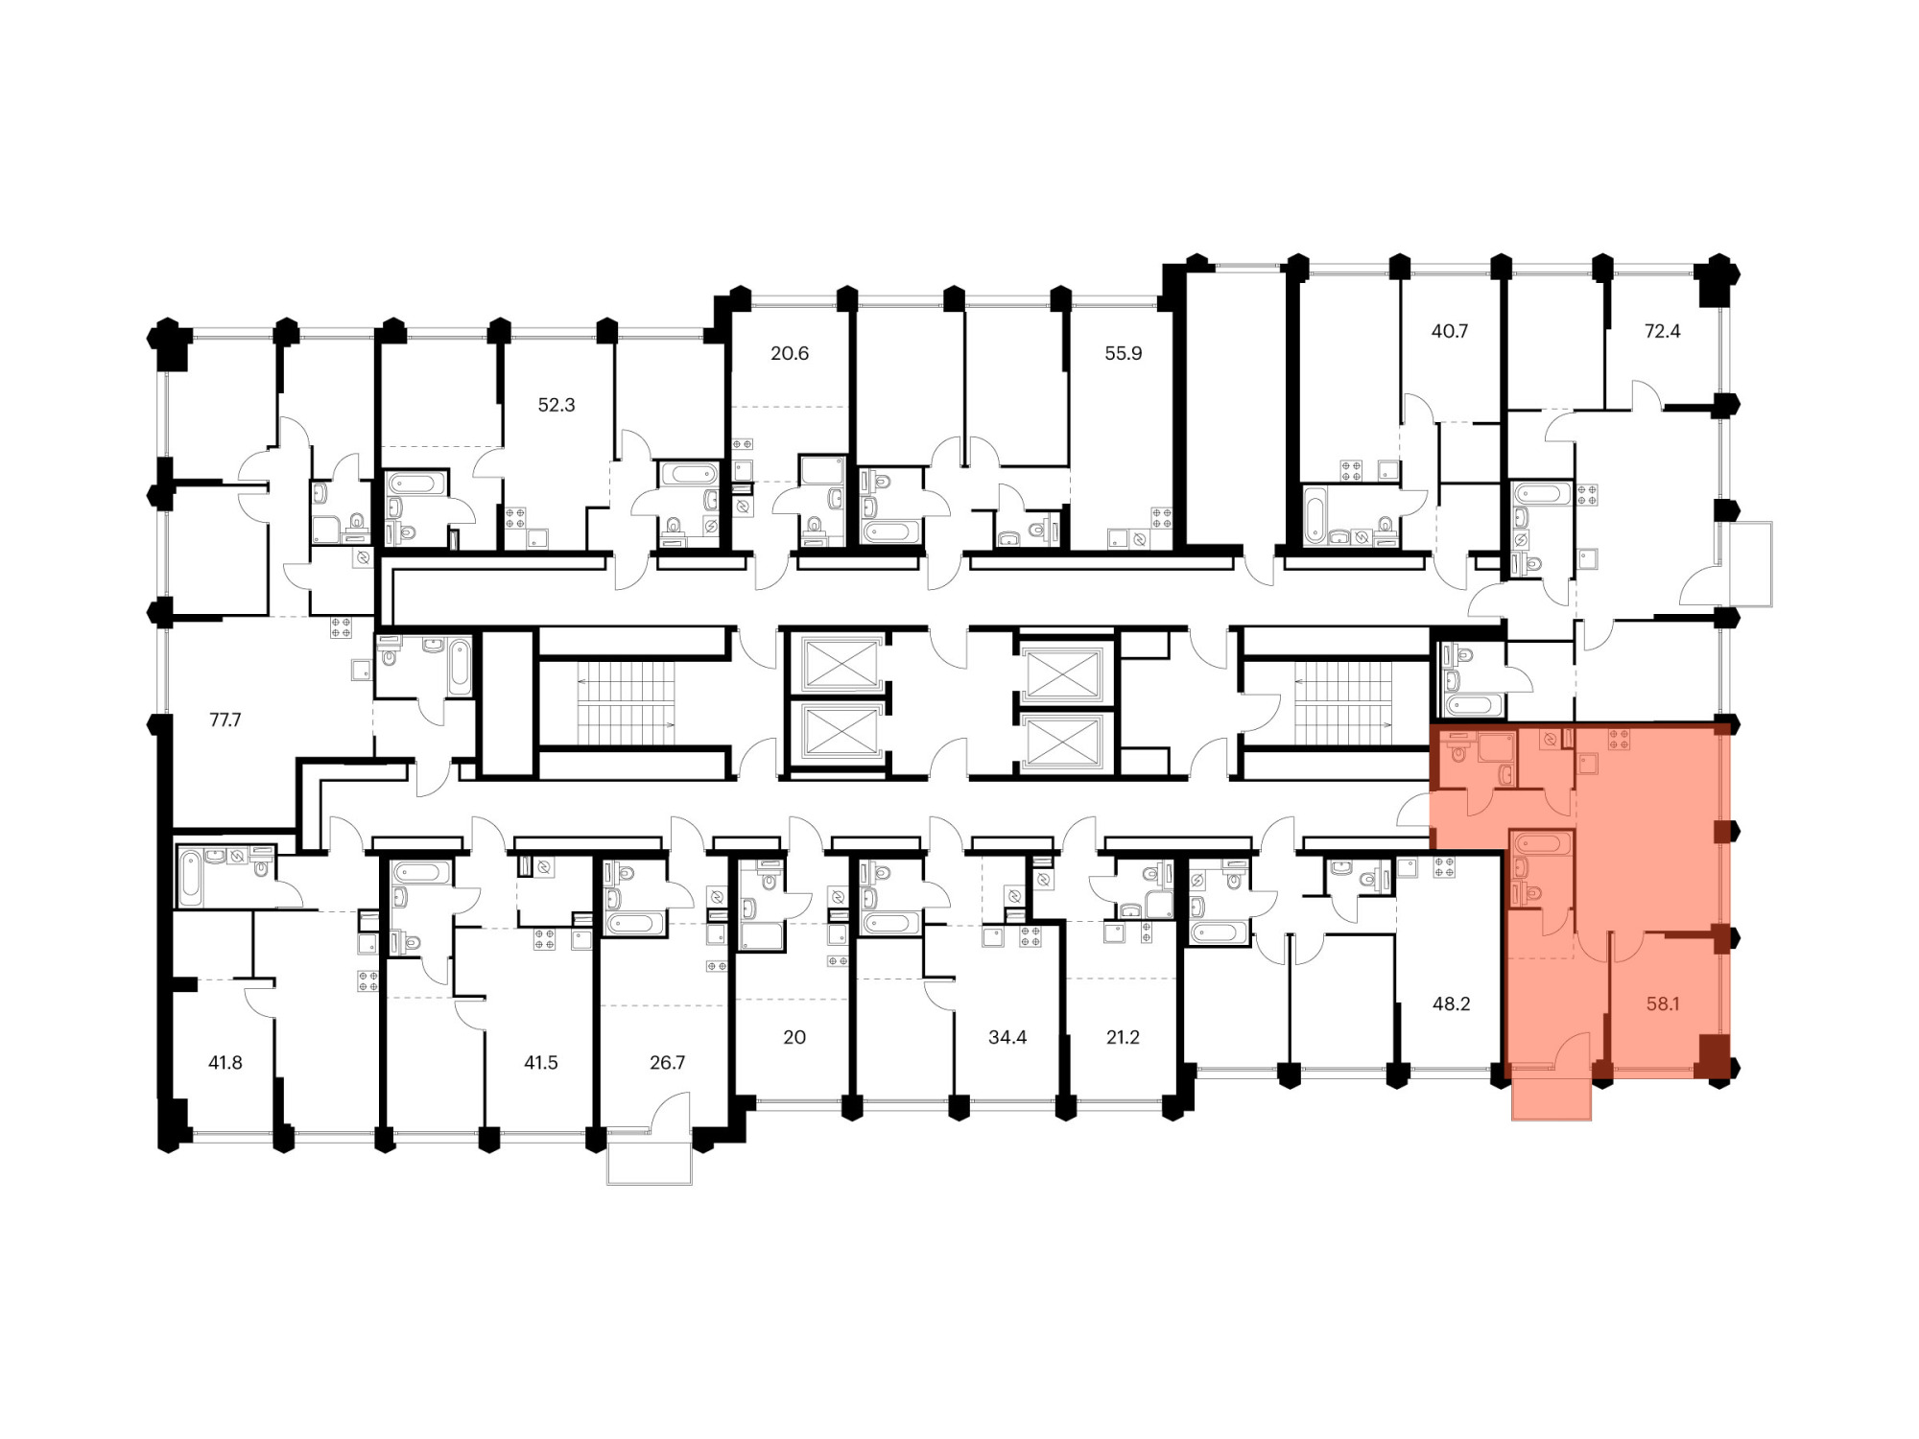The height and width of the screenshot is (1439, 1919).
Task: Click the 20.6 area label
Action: pyautogui.click(x=790, y=353)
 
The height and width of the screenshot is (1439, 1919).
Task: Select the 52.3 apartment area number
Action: pyautogui.click(x=557, y=405)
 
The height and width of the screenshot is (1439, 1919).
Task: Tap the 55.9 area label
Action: pyautogui.click(x=1124, y=353)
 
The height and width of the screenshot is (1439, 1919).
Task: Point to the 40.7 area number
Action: pyautogui.click(x=1450, y=331)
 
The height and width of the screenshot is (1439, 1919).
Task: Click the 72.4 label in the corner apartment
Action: pyautogui.click(x=1663, y=331)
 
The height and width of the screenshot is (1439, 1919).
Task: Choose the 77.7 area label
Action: pyautogui.click(x=225, y=719)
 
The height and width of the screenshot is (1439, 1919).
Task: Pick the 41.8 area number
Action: pyautogui.click(x=225, y=1062)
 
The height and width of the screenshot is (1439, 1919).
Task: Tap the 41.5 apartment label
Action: pyautogui.click(x=541, y=1062)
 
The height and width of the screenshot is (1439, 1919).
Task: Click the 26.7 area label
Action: pyautogui.click(x=668, y=1062)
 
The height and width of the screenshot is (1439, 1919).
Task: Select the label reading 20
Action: pyautogui.click(x=794, y=1037)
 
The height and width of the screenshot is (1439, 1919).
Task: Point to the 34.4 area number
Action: pyautogui.click(x=1007, y=1037)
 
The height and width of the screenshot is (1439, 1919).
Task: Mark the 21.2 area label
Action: pyautogui.click(x=1123, y=1037)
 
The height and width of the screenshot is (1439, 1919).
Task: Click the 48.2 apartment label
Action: pyautogui.click(x=1451, y=1003)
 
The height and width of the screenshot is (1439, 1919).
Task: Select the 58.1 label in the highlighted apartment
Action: pyautogui.click(x=1663, y=1003)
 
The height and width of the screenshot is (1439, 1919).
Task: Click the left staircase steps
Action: pyautogui.click(x=626, y=702)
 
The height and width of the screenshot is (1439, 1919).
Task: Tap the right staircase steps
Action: pyautogui.click(x=1343, y=702)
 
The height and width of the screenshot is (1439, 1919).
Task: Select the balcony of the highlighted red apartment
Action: pyautogui.click(x=1552, y=1098)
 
